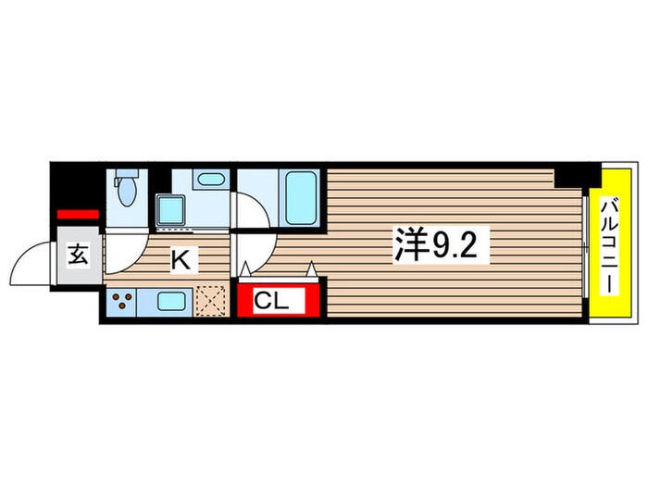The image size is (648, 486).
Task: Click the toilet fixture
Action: (128, 190)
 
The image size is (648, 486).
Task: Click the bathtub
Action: (299, 196)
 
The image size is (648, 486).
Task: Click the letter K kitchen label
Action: (181, 260)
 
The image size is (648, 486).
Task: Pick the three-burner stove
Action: (123, 300)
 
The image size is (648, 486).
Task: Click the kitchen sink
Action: (172, 300)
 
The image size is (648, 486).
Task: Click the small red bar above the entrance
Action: (79, 214)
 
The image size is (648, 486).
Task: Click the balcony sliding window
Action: (588, 244)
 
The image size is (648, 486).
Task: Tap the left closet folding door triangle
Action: (246, 269)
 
